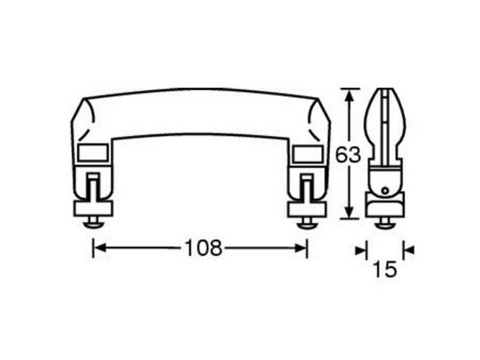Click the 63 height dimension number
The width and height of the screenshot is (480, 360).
349,156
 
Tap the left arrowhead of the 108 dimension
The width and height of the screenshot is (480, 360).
98,248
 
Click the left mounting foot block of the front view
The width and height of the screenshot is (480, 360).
93,206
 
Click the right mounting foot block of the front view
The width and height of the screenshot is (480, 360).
308,206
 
